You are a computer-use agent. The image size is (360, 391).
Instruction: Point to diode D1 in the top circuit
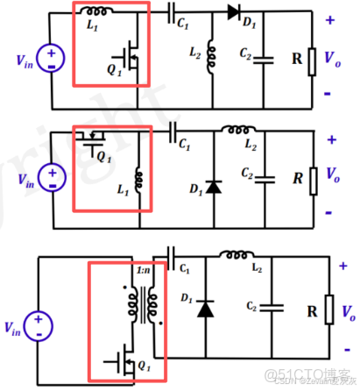pyautogui.click(x=234, y=12)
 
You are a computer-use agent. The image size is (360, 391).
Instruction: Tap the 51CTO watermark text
pyautogui.click(x=293, y=375)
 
